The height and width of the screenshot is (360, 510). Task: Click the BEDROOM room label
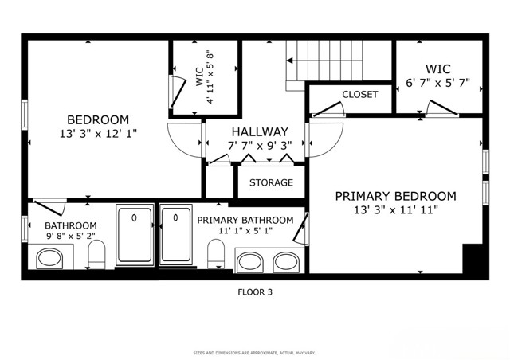(98, 120)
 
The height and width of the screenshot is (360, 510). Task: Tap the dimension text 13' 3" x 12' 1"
(98, 134)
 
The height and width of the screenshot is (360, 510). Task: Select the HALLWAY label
(260, 131)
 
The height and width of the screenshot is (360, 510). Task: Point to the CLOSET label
(360, 95)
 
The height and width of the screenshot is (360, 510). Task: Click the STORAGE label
(271, 183)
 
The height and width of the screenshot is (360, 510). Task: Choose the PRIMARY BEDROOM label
(395, 196)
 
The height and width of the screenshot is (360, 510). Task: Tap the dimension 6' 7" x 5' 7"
(438, 83)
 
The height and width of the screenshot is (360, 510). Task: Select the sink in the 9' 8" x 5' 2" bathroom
(51, 259)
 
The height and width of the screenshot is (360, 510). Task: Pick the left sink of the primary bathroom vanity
(253, 260)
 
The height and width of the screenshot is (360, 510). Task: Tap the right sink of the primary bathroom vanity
(286, 260)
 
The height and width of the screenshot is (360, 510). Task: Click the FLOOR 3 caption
(255, 292)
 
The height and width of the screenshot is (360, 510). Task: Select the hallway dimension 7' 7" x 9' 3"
(260, 146)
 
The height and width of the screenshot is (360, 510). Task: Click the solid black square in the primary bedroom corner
(474, 259)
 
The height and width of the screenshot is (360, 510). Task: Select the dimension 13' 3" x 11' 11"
(395, 210)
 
